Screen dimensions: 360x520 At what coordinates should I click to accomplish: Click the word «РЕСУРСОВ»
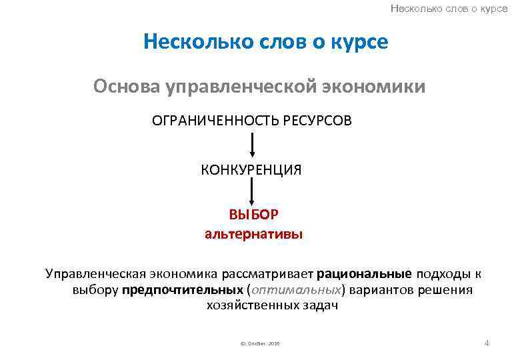(x=317, y=121)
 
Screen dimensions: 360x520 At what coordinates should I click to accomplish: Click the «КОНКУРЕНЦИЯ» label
(x=251, y=170)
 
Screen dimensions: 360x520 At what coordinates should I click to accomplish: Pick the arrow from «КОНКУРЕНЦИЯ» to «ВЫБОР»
(x=252, y=194)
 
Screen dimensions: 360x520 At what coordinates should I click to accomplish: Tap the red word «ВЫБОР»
(x=253, y=216)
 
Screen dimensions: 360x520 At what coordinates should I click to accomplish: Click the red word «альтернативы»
(x=253, y=234)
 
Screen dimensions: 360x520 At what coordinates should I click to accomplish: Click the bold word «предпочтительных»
(x=182, y=290)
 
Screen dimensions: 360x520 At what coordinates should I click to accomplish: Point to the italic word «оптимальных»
(x=294, y=290)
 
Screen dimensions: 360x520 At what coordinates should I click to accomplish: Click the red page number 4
(x=487, y=343)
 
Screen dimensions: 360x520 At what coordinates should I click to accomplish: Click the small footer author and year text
(x=256, y=344)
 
